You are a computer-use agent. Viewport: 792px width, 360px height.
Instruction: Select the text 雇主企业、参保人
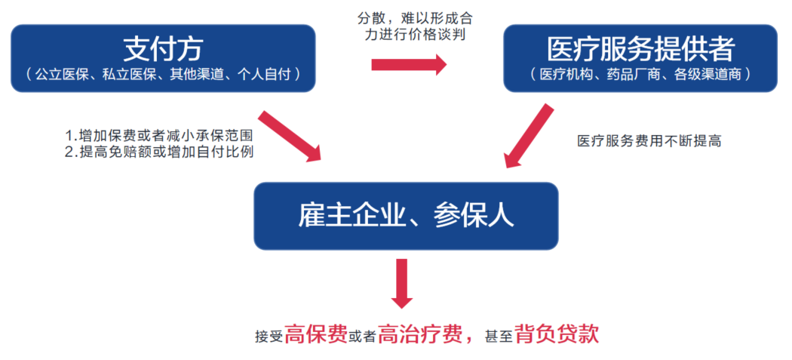405,216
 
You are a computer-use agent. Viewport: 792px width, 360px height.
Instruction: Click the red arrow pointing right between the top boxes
409,66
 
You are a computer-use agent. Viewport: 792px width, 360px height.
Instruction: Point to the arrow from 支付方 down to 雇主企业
289,137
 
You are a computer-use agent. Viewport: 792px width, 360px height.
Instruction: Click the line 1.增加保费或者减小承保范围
158,137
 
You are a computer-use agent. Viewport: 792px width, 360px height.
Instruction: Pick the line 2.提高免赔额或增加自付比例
158,153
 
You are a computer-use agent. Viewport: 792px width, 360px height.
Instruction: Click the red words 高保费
317,333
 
